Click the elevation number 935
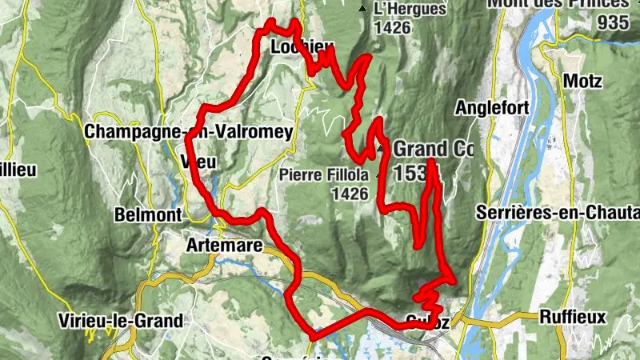tap(614, 22)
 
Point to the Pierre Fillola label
tap(324, 174)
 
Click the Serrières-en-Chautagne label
tap(557, 213)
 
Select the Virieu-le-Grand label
tap(121, 321)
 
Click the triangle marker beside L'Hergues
tap(362, 10)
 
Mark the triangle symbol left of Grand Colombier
tap(381, 148)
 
